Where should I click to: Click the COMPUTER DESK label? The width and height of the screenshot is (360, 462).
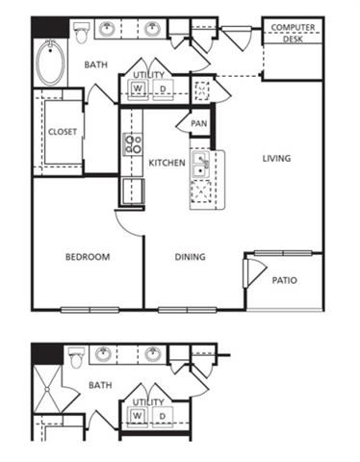click(293, 32)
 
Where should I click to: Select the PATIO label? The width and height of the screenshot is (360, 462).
click(284, 281)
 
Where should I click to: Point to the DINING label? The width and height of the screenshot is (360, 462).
click(191, 257)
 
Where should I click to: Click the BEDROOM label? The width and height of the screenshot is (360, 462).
click(88, 257)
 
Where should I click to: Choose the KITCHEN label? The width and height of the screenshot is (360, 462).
click(167, 164)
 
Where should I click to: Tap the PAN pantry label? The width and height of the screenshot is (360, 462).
click(198, 123)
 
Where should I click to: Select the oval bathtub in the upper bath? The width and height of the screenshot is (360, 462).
click(48, 61)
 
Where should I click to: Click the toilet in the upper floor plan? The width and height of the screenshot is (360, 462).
click(84, 33)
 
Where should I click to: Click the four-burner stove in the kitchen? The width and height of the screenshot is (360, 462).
click(131, 145)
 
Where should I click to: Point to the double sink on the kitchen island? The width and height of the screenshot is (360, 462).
click(200, 165)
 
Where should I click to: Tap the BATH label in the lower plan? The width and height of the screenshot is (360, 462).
click(100, 385)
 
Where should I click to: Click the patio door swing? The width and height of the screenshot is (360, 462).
click(252, 272)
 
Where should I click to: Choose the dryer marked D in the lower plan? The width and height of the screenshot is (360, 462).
click(162, 415)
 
